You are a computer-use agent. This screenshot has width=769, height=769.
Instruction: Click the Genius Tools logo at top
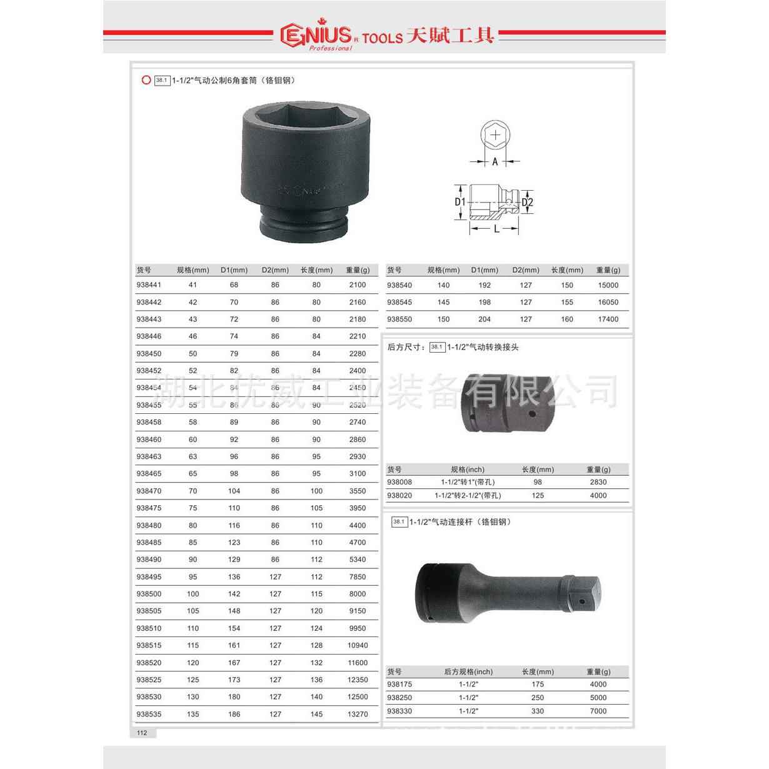tap(387, 36)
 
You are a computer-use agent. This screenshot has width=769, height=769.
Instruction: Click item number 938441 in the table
tap(149, 285)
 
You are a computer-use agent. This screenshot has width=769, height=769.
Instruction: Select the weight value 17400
tap(608, 319)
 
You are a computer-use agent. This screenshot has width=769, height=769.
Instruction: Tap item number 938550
tap(400, 319)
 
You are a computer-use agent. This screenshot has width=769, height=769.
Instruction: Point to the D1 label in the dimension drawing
tap(460, 202)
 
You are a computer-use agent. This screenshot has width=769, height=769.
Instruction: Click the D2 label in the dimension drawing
tap(527, 202)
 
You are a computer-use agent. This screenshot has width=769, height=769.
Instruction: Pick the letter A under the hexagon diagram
tap(495, 161)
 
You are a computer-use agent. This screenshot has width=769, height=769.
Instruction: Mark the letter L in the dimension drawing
tap(496, 229)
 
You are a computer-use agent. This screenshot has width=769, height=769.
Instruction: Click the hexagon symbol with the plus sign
tap(495, 134)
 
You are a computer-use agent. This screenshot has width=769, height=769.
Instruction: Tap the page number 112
tap(142, 733)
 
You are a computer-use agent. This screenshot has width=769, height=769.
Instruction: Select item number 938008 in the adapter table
tap(400, 482)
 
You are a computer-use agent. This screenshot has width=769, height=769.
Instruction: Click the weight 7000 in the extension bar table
tap(598, 711)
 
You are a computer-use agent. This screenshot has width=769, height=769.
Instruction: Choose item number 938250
tap(400, 698)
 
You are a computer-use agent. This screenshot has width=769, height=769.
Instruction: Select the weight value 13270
tap(358, 714)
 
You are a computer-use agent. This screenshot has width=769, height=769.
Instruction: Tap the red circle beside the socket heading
tap(146, 80)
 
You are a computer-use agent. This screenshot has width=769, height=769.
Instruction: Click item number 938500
tap(149, 594)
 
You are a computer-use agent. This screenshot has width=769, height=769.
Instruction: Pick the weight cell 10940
tap(358, 645)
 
